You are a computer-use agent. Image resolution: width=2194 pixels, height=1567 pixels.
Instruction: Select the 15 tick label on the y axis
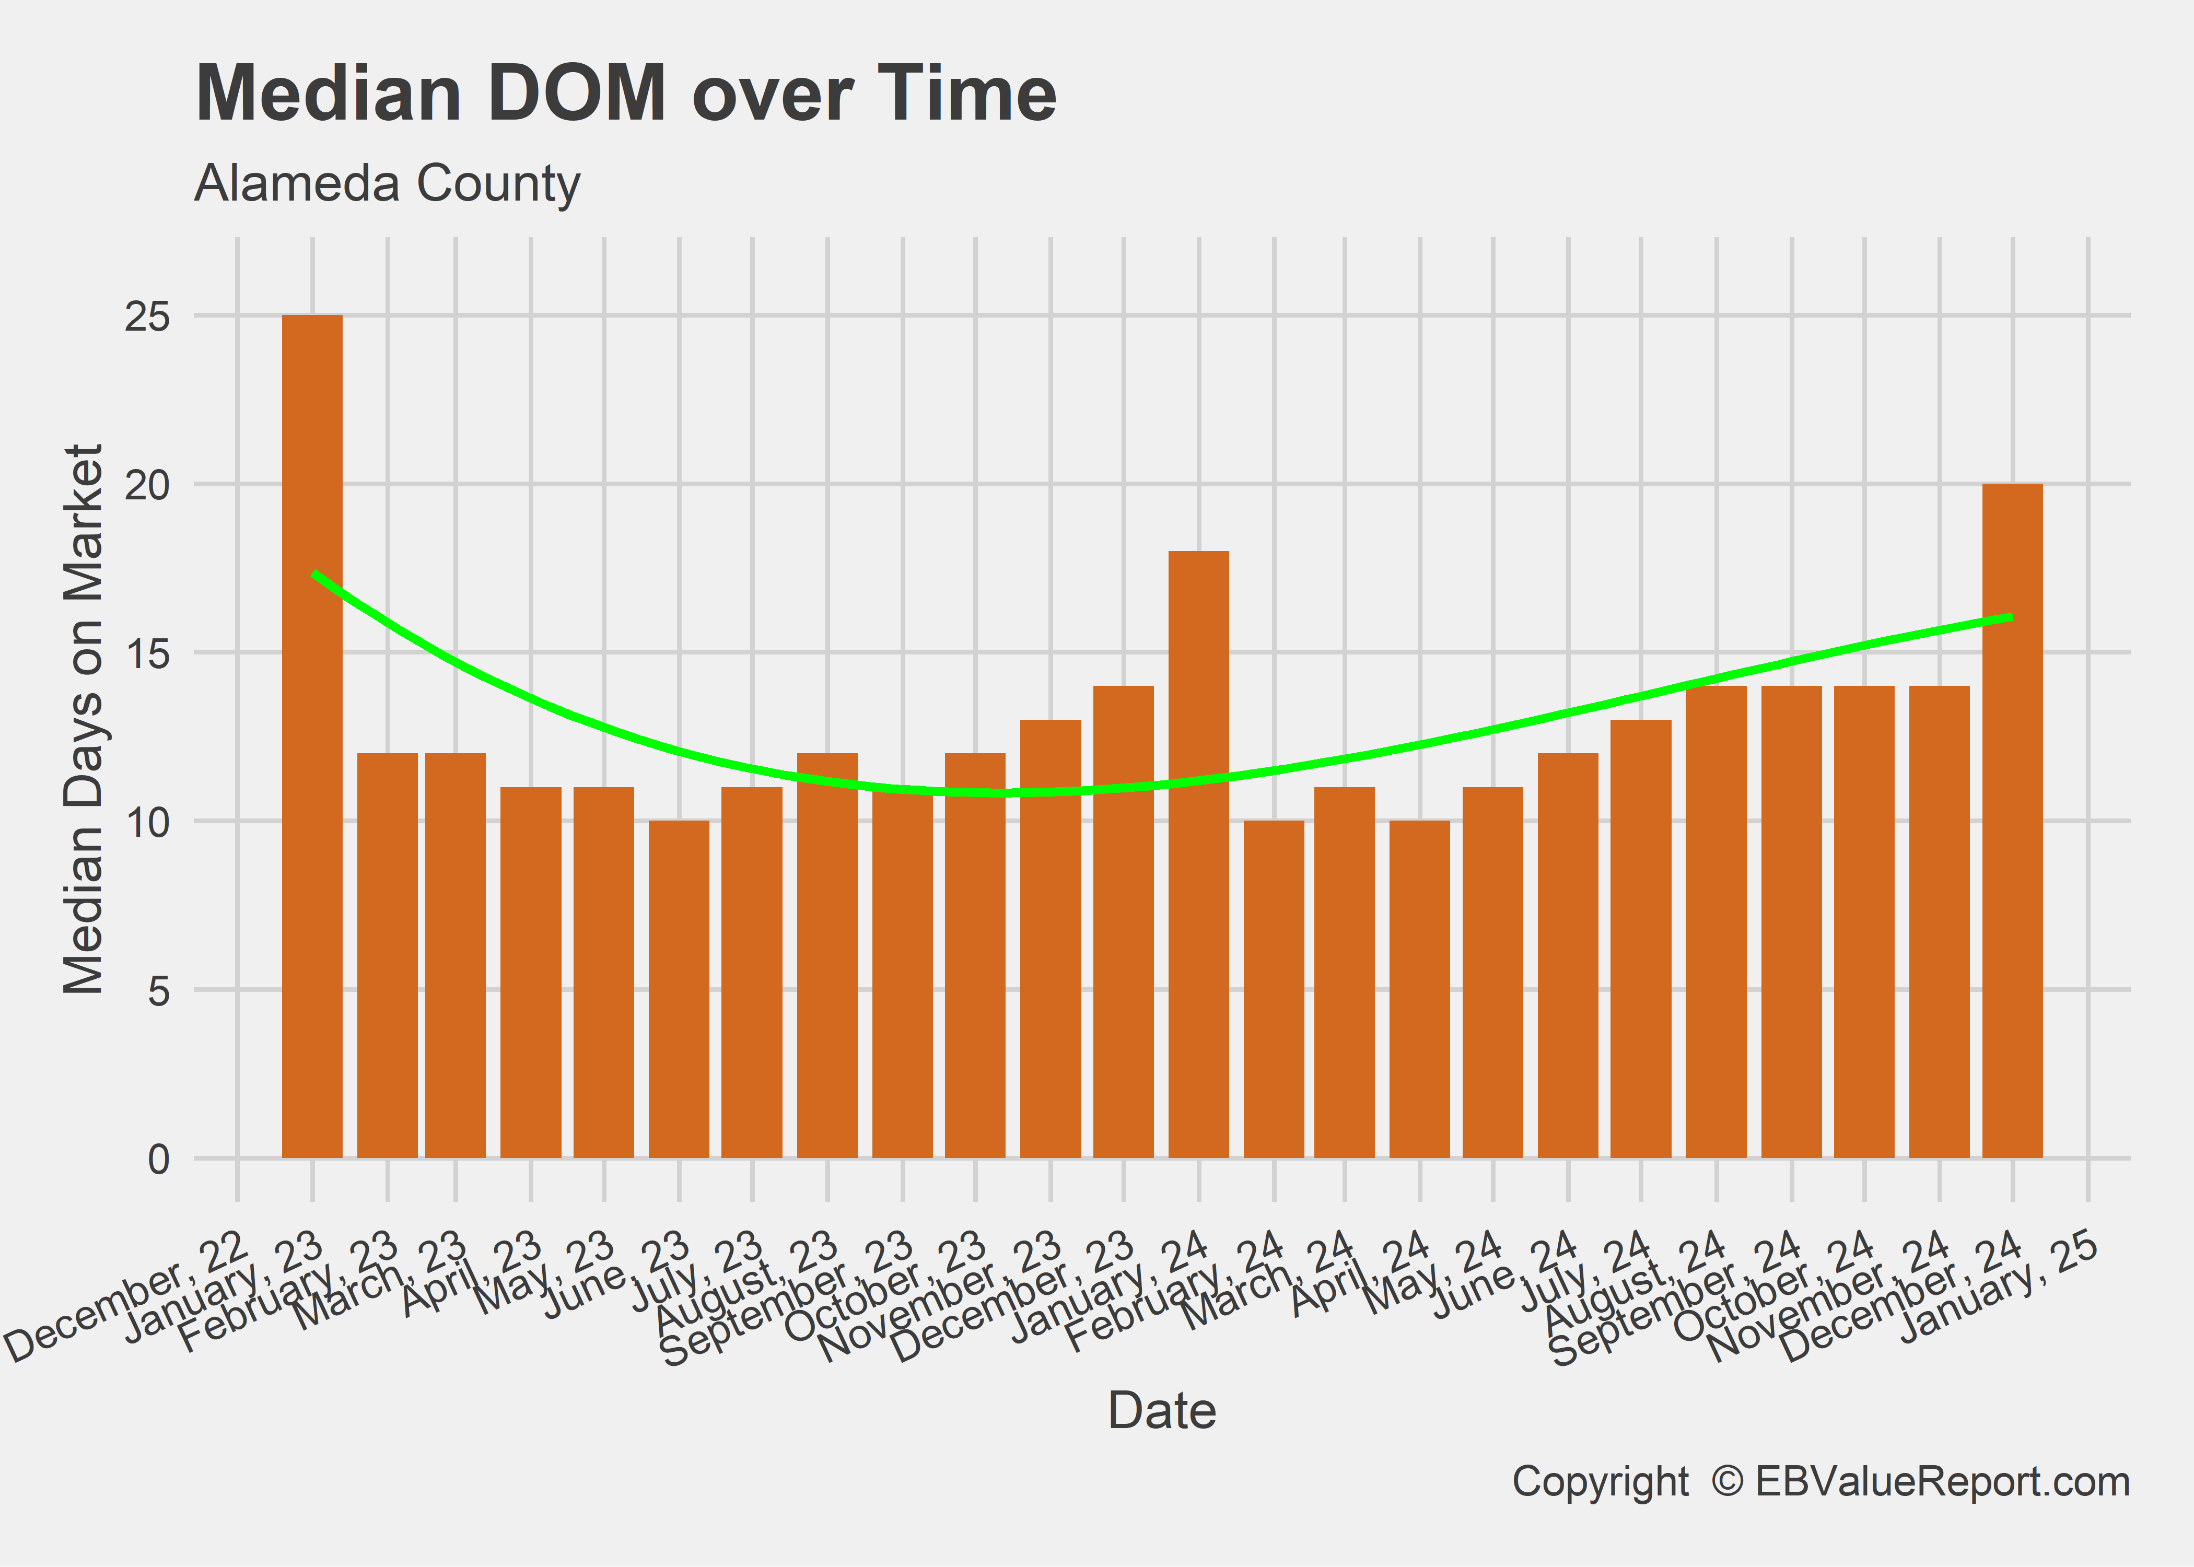[147, 653]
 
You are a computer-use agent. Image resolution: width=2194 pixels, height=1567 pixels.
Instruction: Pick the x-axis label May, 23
[545, 1273]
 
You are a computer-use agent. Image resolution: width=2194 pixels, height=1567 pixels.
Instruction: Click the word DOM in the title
[576, 93]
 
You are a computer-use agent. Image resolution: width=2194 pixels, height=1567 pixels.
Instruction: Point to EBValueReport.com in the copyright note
[1942, 1481]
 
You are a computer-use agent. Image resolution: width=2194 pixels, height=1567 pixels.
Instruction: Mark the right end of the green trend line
[2012, 616]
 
